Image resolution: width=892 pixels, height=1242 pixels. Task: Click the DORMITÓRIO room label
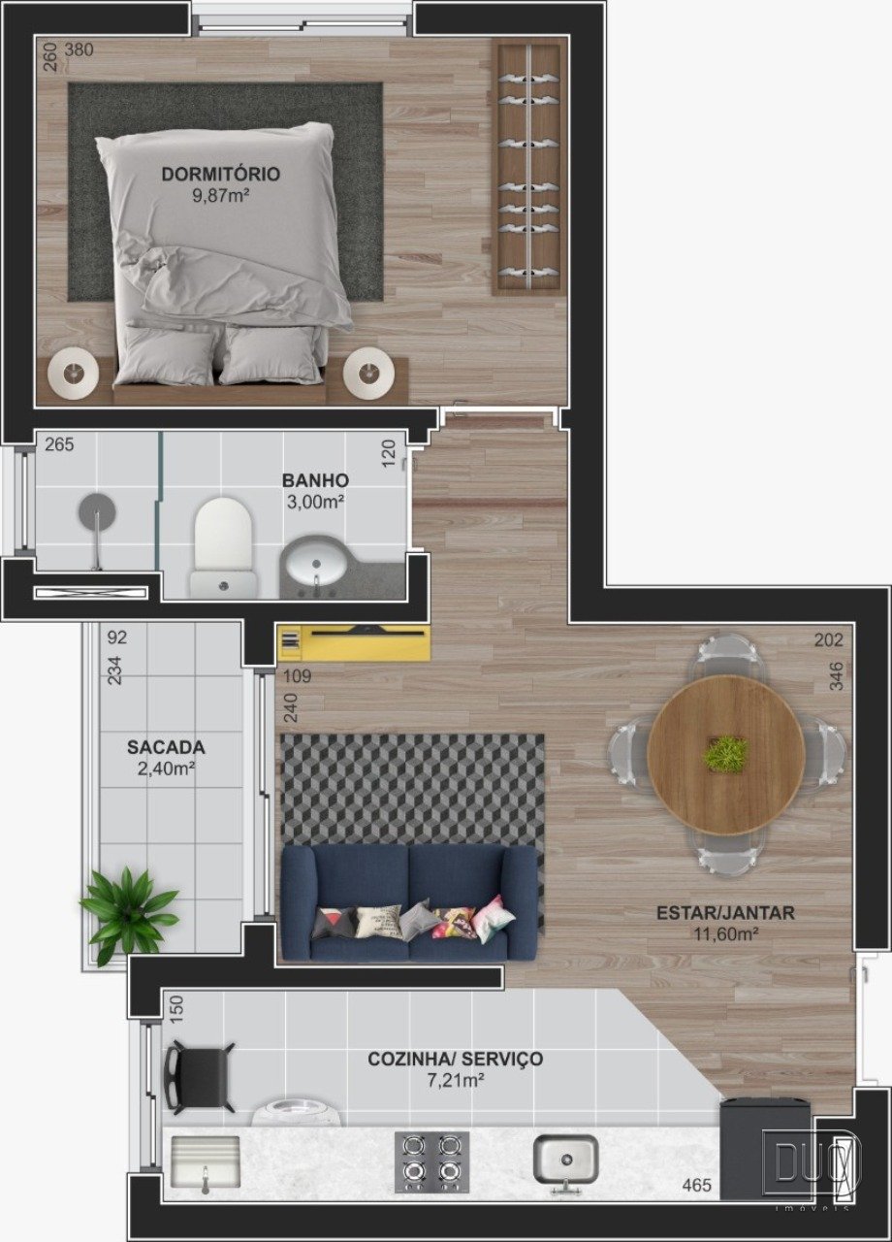click(x=220, y=174)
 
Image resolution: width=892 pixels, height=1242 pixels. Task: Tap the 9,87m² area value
click(x=220, y=196)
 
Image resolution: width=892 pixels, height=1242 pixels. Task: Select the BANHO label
click(x=315, y=480)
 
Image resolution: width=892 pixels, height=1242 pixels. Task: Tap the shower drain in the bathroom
click(x=97, y=510)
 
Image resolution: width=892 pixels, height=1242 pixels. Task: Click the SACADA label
click(x=166, y=747)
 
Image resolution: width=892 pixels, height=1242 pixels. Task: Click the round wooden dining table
click(x=726, y=756)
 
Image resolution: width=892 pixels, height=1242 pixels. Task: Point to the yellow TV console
click(x=354, y=642)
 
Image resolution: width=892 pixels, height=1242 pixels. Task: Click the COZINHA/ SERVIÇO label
click(x=456, y=1059)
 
